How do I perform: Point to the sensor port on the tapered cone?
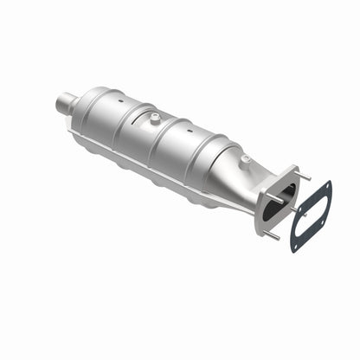245,158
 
